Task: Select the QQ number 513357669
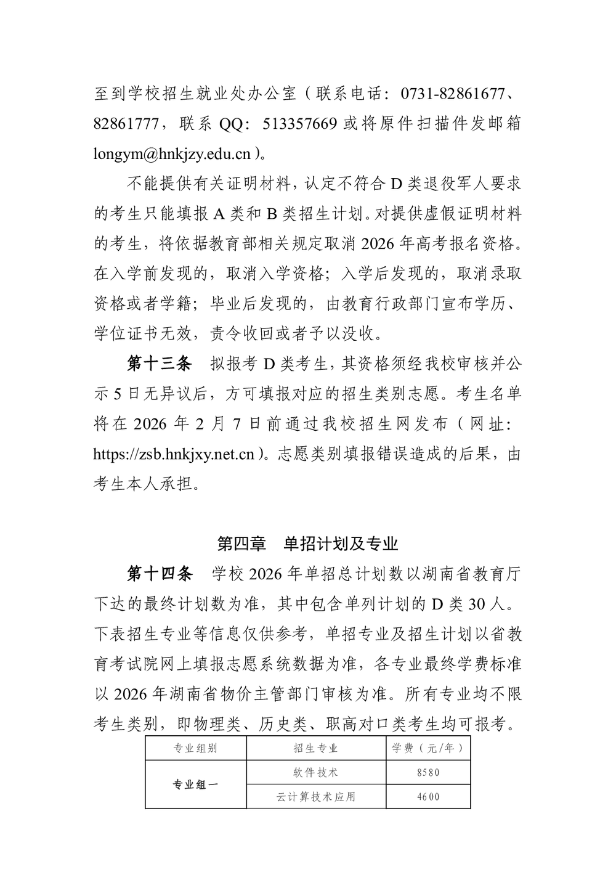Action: click(300, 124)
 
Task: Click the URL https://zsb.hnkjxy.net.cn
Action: click(174, 455)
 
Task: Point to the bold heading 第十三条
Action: click(160, 364)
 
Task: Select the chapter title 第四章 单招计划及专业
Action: click(308, 544)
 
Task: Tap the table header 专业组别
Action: click(195, 748)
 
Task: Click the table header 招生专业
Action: click(316, 748)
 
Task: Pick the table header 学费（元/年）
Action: click(428, 748)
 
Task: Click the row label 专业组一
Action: click(195, 784)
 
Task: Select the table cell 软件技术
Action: click(316, 772)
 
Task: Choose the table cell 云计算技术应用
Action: click(316, 796)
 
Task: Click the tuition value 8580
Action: click(428, 772)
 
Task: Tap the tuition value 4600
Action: click(428, 796)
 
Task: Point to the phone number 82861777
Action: click(129, 124)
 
